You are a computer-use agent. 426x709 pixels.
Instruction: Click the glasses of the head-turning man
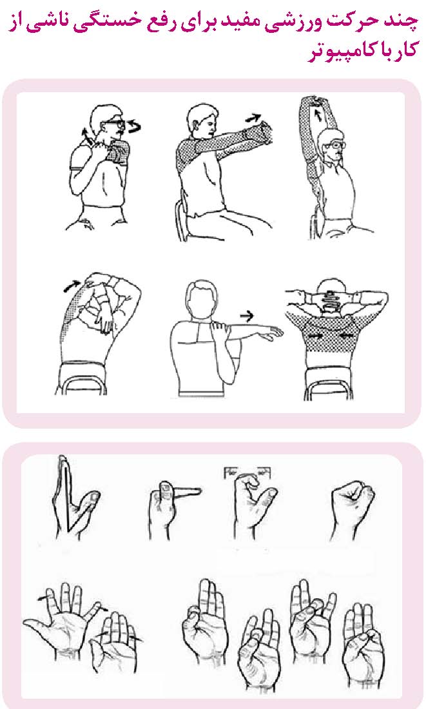(113, 124)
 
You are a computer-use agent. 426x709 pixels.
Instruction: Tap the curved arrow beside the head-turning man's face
(133, 126)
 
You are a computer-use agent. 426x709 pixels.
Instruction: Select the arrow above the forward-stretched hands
(253, 119)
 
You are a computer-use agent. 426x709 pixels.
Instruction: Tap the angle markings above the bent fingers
(247, 473)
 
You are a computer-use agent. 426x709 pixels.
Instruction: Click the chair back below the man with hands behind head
(329, 384)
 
